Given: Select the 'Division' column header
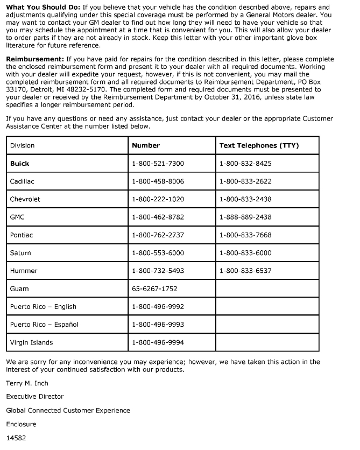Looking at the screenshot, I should [22, 145].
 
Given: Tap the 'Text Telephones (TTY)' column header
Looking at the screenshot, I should [259, 145].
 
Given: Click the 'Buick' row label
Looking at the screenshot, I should [19, 163].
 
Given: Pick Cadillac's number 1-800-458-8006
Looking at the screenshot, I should [158, 181].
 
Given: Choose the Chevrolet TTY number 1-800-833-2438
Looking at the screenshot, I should [245, 199].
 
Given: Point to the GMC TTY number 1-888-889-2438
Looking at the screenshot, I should [245, 217].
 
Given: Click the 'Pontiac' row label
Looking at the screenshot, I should [21, 235].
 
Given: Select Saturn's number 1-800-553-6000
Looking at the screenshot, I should [158, 253].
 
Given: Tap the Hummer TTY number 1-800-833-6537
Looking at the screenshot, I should [245, 271].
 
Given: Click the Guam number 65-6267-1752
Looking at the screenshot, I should [154, 289].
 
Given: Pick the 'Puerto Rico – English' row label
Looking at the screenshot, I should [43, 307].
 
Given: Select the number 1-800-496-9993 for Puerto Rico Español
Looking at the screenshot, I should [158, 325].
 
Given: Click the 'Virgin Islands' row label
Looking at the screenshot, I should [31, 342].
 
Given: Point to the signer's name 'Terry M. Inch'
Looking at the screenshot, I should [27, 383].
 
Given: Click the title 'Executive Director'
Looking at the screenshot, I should [34, 397].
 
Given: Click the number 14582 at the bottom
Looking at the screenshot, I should [16, 438].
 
